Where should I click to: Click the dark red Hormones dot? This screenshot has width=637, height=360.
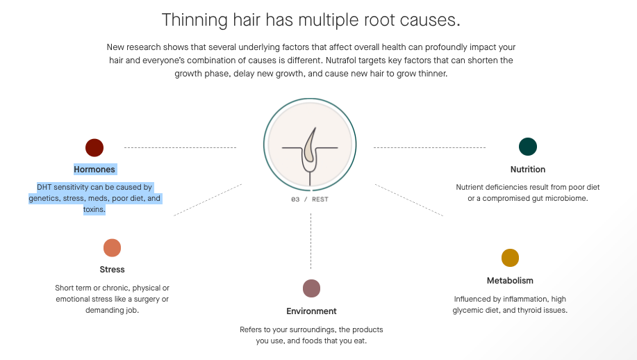[94, 147]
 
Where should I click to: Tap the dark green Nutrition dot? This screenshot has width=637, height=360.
[528, 147]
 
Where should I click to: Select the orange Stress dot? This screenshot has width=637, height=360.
[112, 248]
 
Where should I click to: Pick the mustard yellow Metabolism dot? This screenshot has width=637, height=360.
[510, 258]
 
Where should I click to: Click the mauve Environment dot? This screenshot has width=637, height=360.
[311, 288]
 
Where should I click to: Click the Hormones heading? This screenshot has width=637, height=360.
[94, 170]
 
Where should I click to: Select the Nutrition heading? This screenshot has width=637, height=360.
[528, 170]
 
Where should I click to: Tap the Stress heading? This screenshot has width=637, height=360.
[112, 270]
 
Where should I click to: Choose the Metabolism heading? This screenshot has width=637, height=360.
[510, 280]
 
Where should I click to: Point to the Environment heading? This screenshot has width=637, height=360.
[311, 311]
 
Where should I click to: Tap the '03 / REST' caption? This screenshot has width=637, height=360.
[310, 199]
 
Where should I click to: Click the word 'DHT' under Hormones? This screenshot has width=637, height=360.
[44, 188]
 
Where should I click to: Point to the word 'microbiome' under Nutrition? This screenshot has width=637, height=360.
[568, 198]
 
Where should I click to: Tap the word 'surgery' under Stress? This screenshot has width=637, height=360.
[147, 299]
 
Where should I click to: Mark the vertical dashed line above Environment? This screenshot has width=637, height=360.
[311, 241]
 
